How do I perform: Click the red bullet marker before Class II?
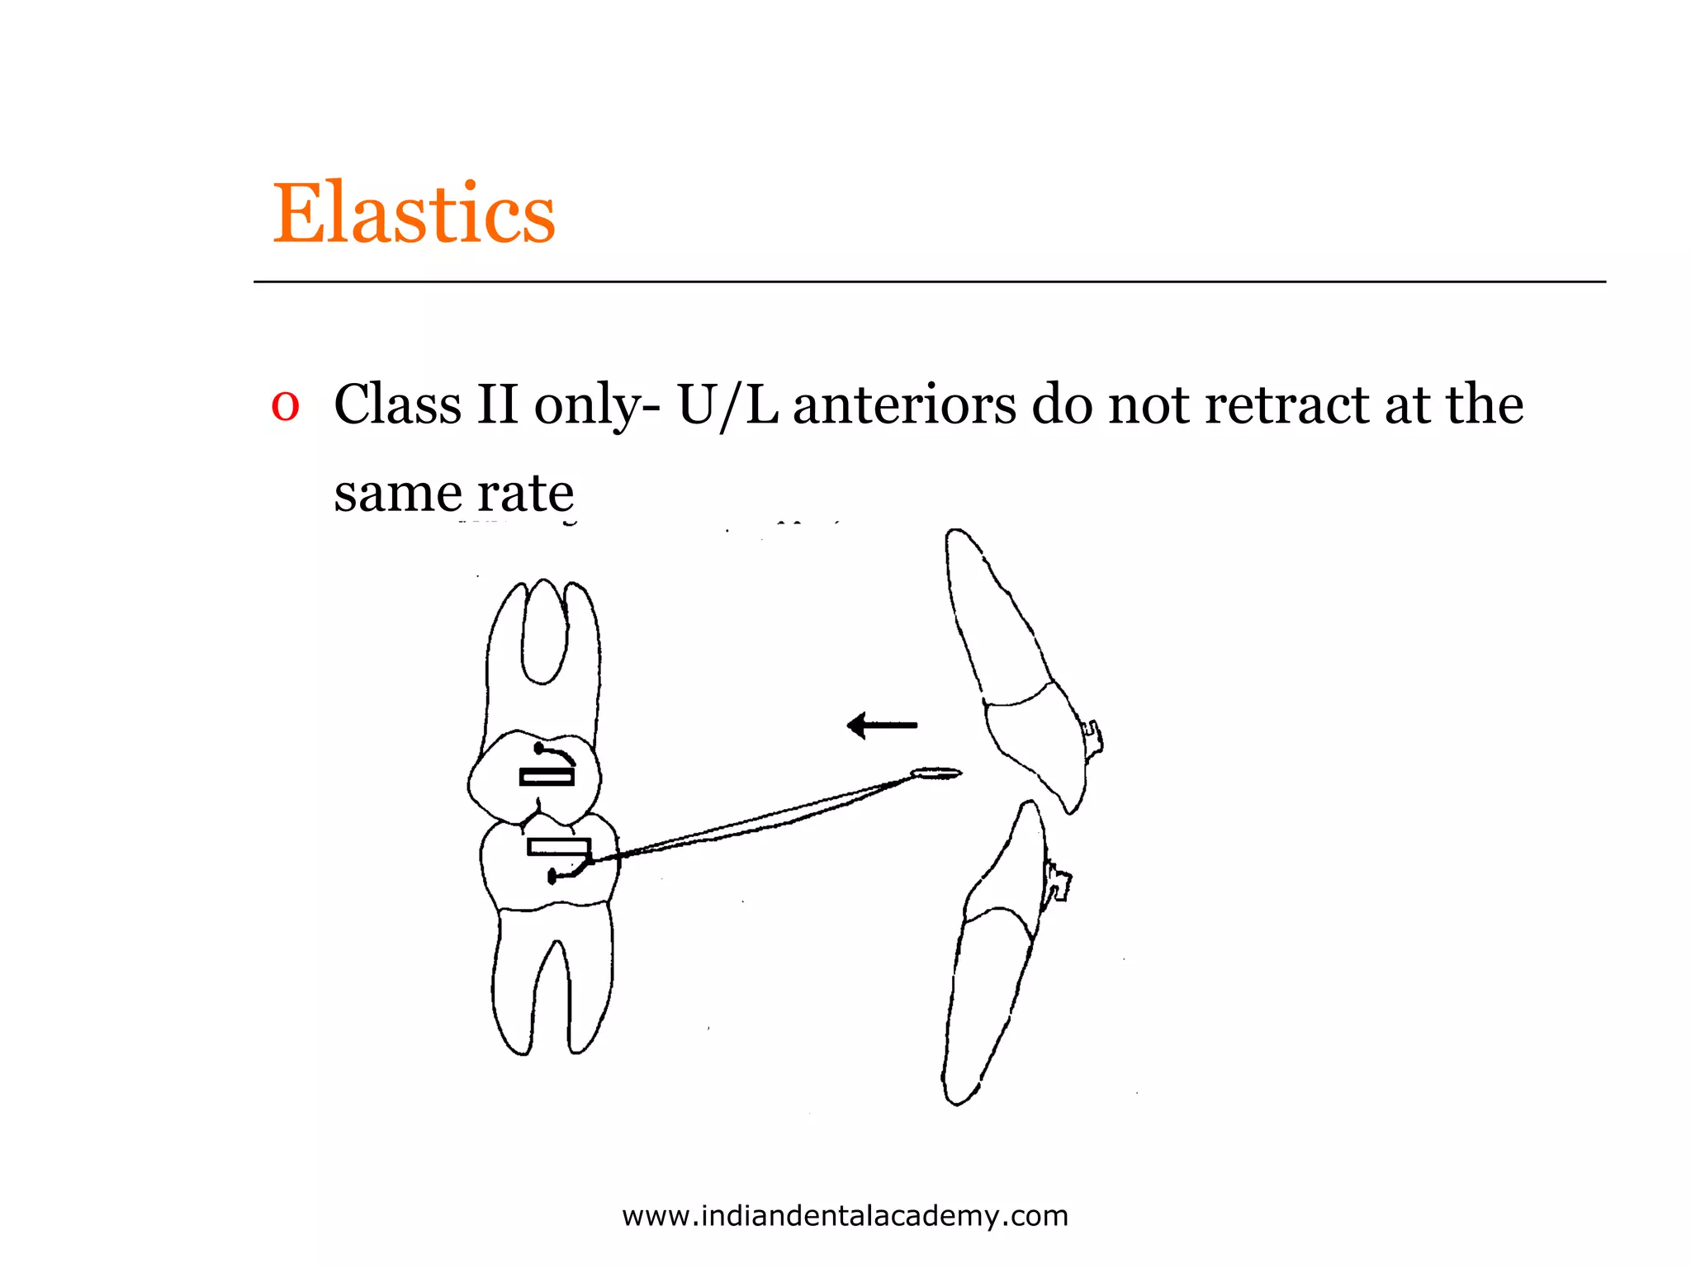tap(285, 406)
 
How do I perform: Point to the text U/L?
tap(727, 406)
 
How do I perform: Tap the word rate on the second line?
tap(525, 494)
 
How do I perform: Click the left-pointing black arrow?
tap(881, 726)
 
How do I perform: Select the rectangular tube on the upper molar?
tap(547, 777)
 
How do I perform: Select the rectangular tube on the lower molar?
tap(559, 848)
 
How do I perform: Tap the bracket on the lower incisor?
tap(1057, 882)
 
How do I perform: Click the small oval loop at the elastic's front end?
tap(936, 774)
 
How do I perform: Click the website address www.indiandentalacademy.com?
tap(845, 1216)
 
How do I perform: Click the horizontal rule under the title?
tap(929, 282)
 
